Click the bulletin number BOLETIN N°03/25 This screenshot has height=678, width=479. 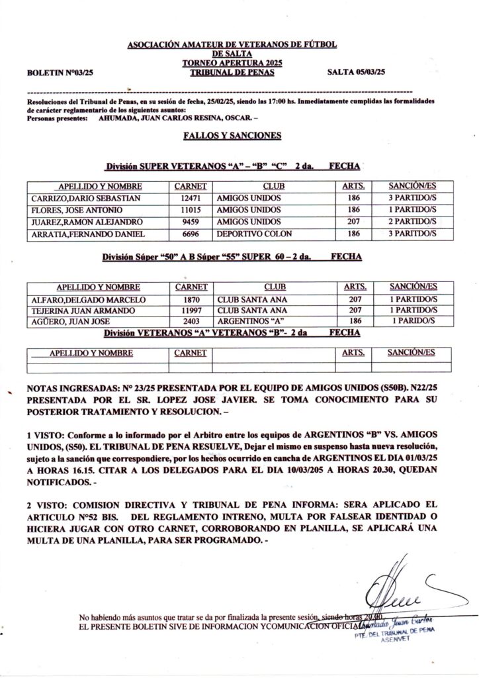tap(60, 72)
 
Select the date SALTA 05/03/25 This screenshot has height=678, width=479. tap(357, 71)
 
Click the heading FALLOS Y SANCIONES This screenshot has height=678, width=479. tap(232, 136)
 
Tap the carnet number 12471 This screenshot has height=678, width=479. tap(191, 198)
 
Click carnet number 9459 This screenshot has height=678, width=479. tap(191, 221)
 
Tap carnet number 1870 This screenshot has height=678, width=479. tap(191, 299)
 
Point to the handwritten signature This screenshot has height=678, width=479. tap(397, 591)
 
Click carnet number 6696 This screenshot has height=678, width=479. tap(191, 234)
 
